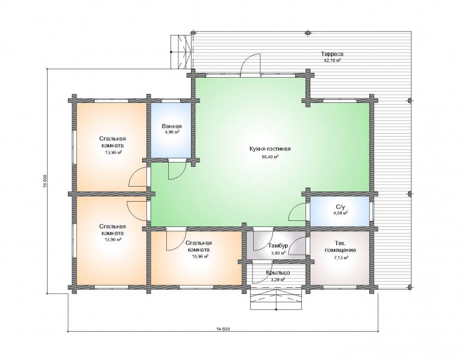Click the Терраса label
(x=332, y=54)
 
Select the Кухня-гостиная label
(x=270, y=149)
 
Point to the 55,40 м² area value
(x=270, y=157)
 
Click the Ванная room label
(x=172, y=126)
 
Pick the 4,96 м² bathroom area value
(x=172, y=132)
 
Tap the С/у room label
(x=340, y=206)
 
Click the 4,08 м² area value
(x=340, y=213)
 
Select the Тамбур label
(x=278, y=246)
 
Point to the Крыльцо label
(x=278, y=273)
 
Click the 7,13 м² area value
(x=340, y=258)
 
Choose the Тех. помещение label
(x=340, y=247)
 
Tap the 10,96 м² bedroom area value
(x=200, y=256)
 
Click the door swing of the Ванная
(x=177, y=169)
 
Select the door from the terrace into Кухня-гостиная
(x=250, y=66)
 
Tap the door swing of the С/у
(x=298, y=212)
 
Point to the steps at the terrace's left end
(x=182, y=52)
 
